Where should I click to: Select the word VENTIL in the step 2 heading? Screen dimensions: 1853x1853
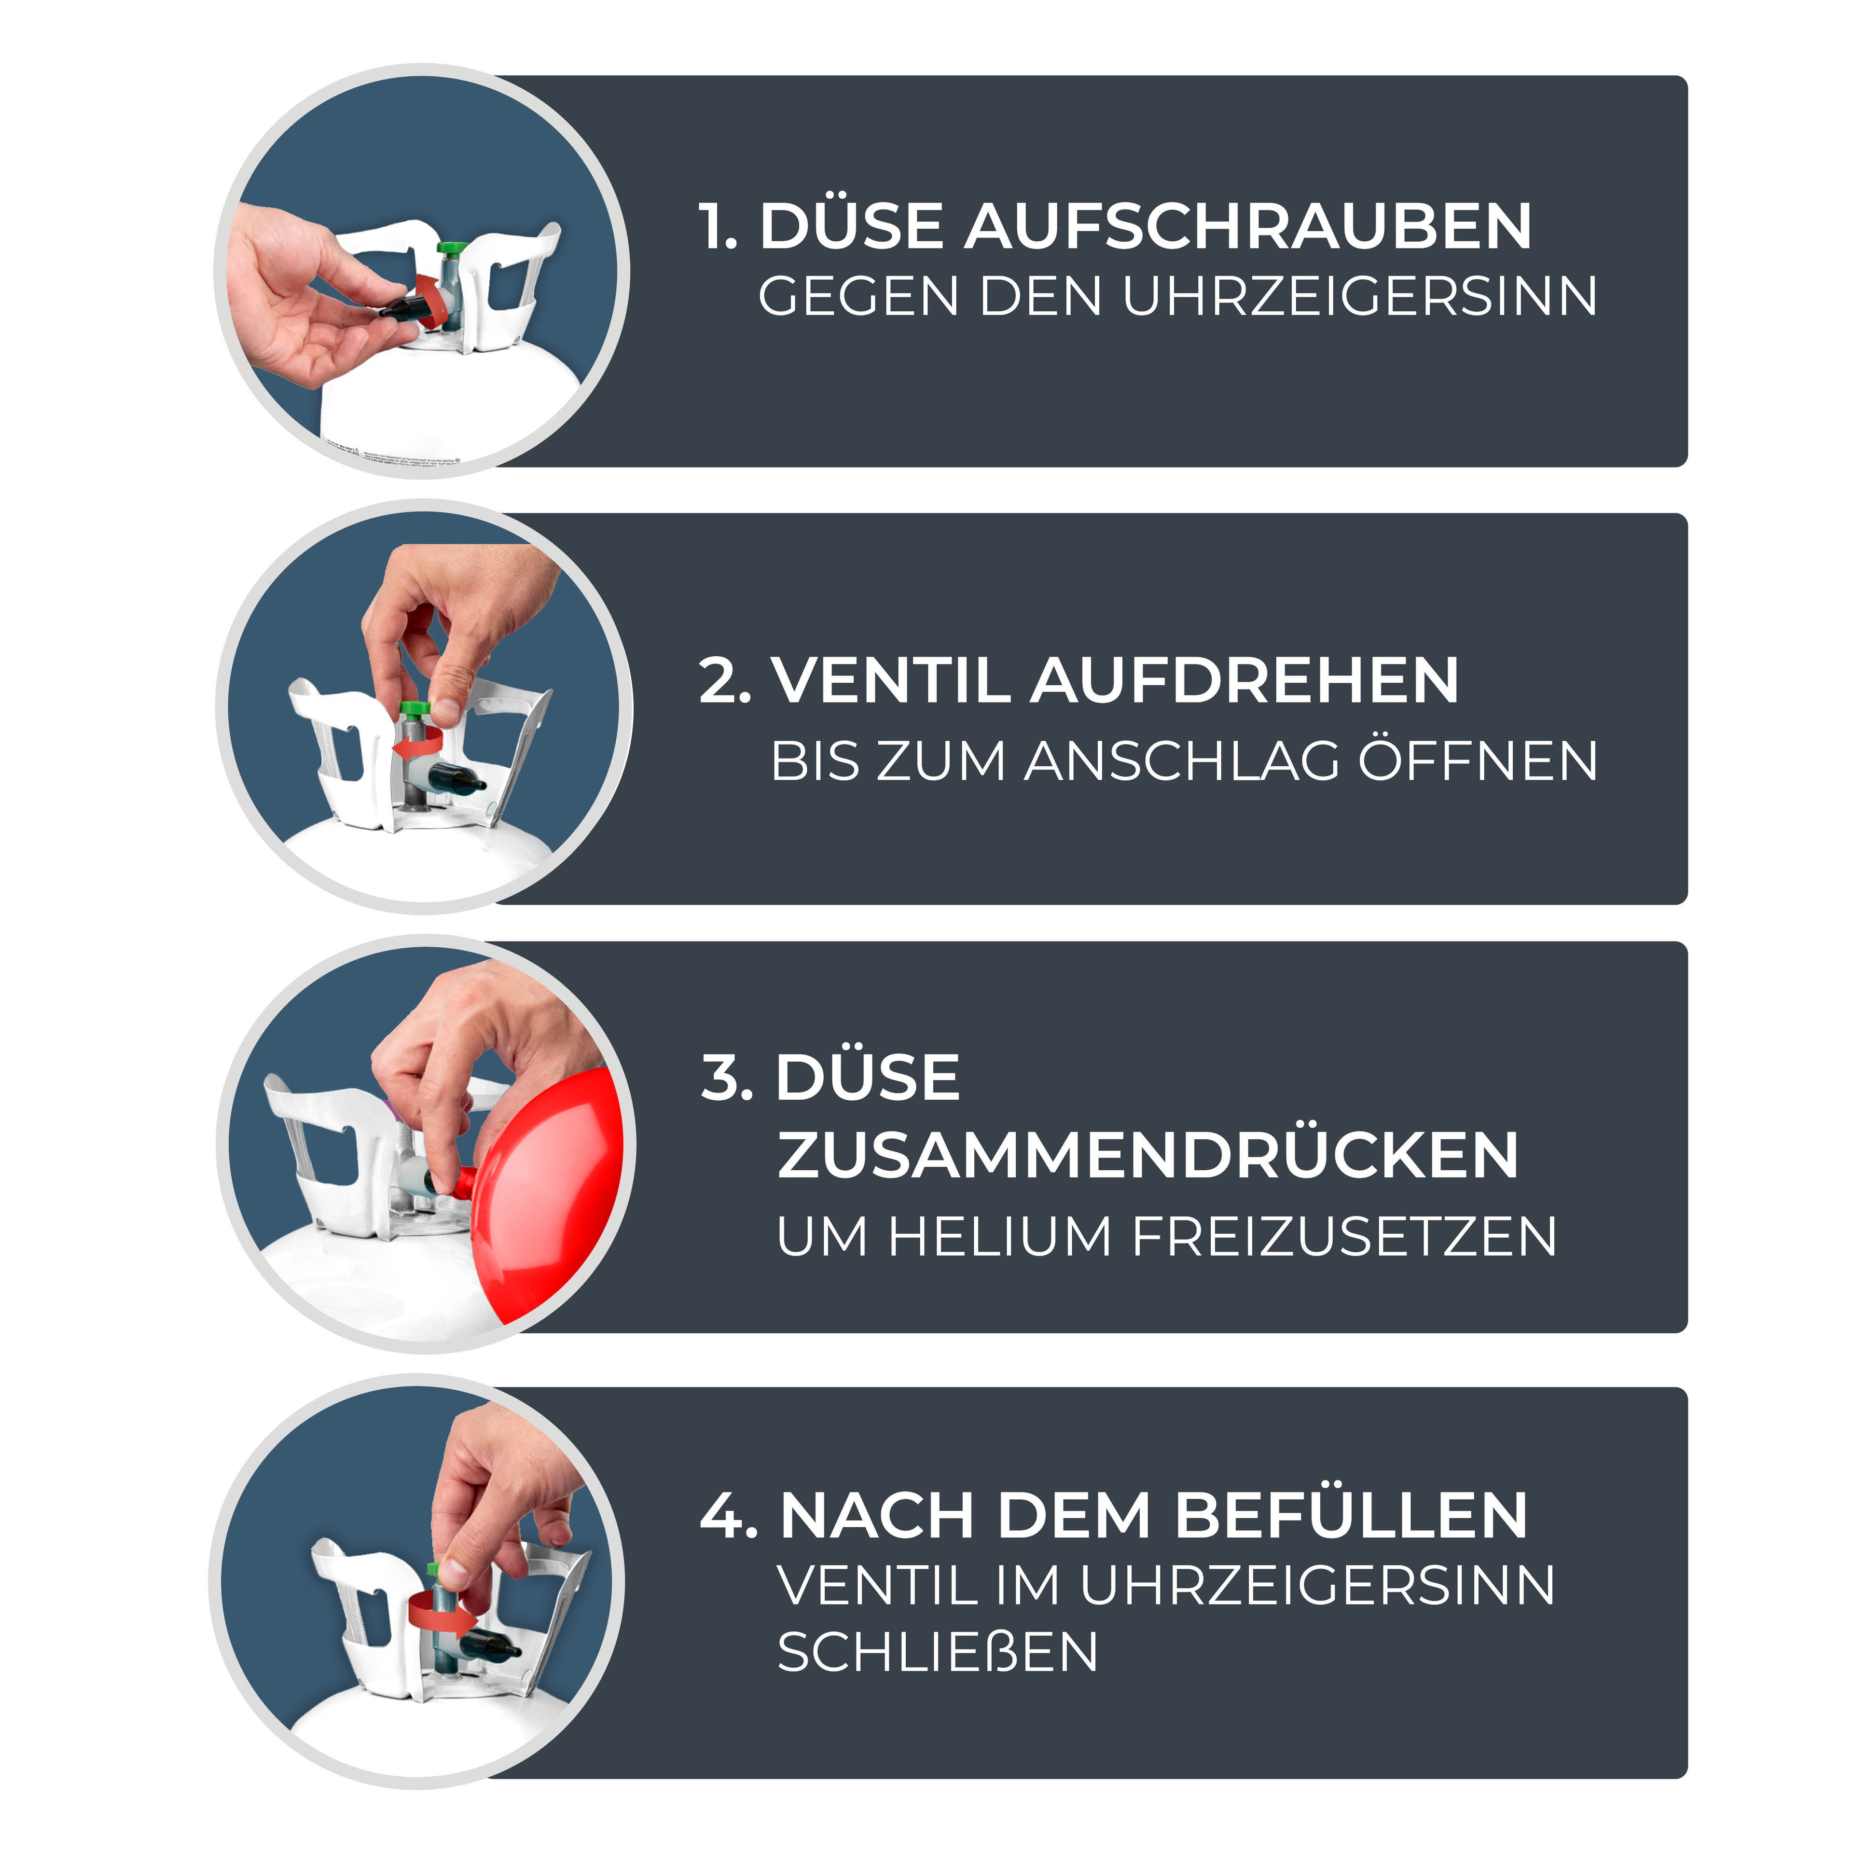892,681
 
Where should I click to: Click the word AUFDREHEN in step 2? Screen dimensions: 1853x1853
1245,681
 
